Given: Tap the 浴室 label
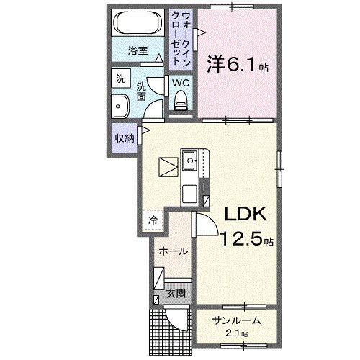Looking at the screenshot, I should tap(138, 52).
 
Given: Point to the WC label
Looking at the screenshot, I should tap(181, 82).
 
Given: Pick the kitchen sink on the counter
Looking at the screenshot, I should tap(192, 160).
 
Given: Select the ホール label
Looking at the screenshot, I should tap(173, 252).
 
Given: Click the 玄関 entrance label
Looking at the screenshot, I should tap(175, 293).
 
